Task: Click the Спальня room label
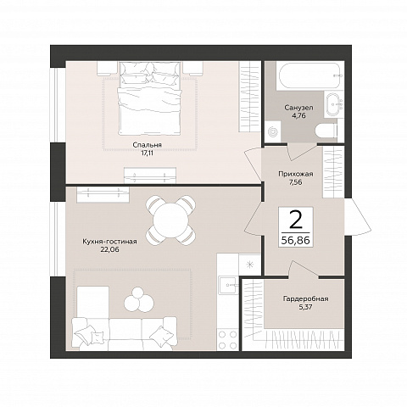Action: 148,145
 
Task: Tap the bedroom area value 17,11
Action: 148,153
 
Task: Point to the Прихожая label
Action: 296,174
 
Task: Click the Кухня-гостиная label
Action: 109,242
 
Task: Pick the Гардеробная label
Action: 305,298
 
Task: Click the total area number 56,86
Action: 296,241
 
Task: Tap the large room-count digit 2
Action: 296,220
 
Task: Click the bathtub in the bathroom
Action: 310,76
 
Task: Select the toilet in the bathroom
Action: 326,131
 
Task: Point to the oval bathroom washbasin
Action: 332,104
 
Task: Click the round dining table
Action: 170,220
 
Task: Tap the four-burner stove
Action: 228,339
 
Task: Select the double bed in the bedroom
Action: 149,98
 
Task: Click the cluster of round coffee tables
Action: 139,300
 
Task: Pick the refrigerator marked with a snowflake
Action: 249,265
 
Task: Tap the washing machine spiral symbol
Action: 273,131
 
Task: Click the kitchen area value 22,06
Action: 109,249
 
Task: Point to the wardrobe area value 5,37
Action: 305,307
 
